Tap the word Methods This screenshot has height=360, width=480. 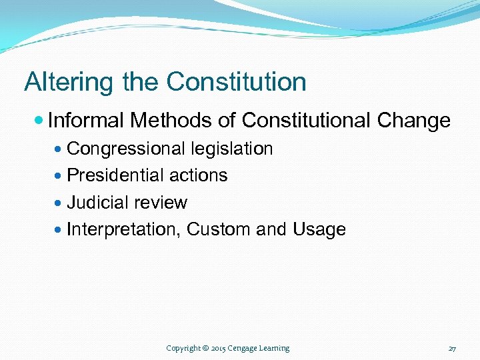(171, 121)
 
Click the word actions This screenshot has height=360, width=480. (198, 175)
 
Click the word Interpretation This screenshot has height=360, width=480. (124, 230)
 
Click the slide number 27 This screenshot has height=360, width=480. (452, 349)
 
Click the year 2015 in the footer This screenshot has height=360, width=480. (218, 348)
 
